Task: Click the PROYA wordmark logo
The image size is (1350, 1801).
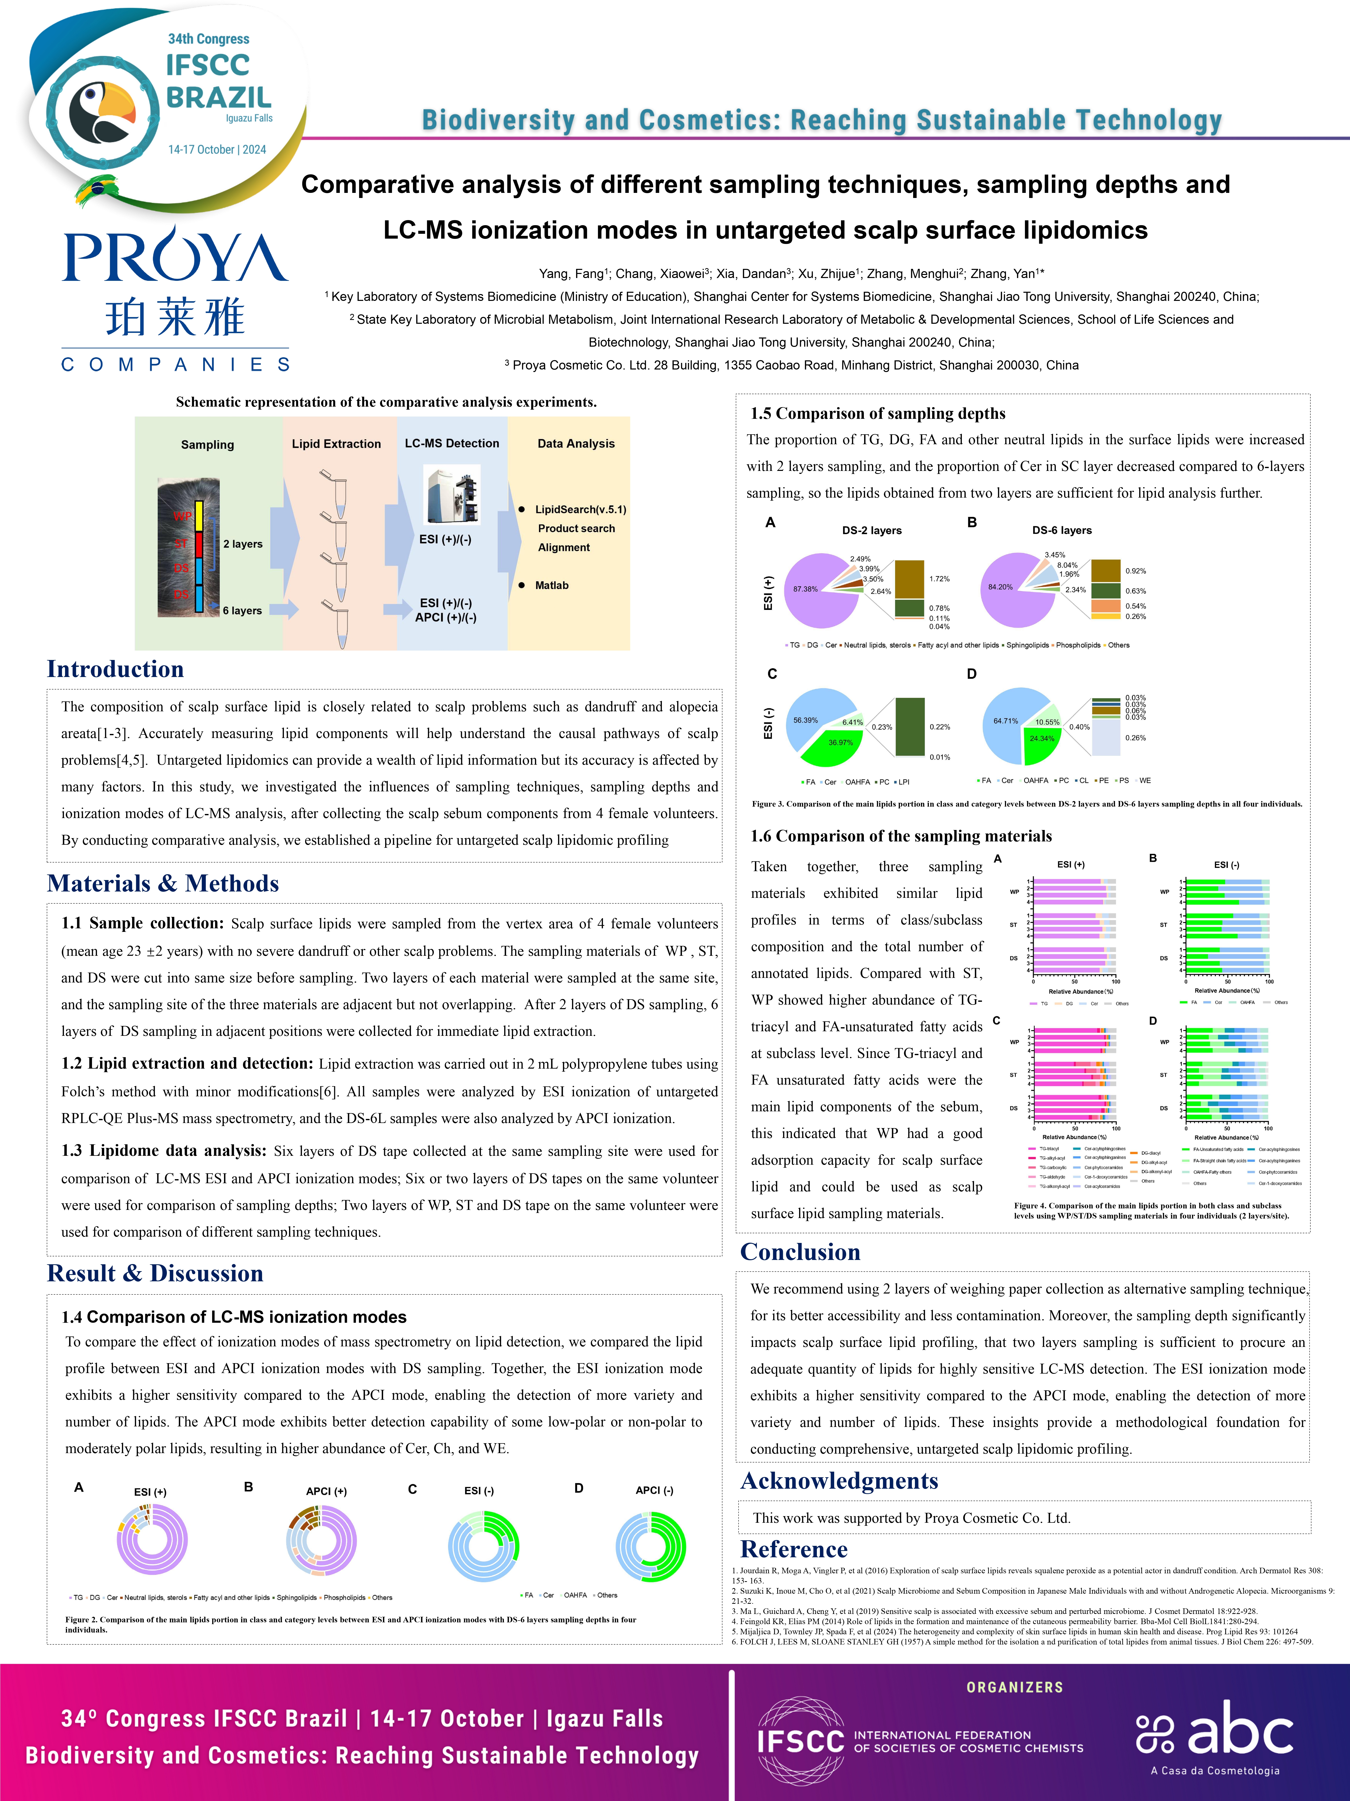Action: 175,257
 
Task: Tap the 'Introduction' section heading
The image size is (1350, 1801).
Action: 116,669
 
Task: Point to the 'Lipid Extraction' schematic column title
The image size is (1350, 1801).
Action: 336,444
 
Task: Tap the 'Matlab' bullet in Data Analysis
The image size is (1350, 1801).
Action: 552,586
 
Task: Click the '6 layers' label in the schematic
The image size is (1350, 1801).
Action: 243,611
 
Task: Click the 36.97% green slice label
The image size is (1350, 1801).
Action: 840,743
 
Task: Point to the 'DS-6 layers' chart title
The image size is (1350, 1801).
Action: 1062,530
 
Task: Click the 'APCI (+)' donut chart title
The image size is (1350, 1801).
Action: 326,1492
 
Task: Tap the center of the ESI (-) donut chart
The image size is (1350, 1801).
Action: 483,1547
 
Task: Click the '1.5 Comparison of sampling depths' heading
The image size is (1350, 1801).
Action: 877,414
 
